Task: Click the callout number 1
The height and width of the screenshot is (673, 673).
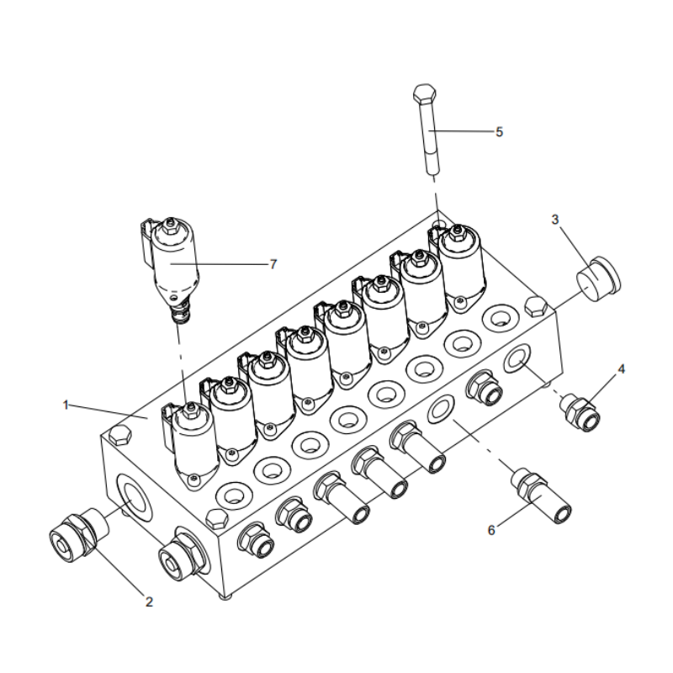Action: [x=66, y=405]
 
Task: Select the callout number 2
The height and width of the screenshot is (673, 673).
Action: [x=149, y=601]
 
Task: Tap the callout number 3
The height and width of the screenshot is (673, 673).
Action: [x=555, y=220]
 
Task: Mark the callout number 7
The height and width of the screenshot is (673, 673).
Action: [x=273, y=263]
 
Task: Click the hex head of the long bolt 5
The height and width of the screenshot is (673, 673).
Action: [x=427, y=93]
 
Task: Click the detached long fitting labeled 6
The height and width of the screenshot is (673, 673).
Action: [x=543, y=495]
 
